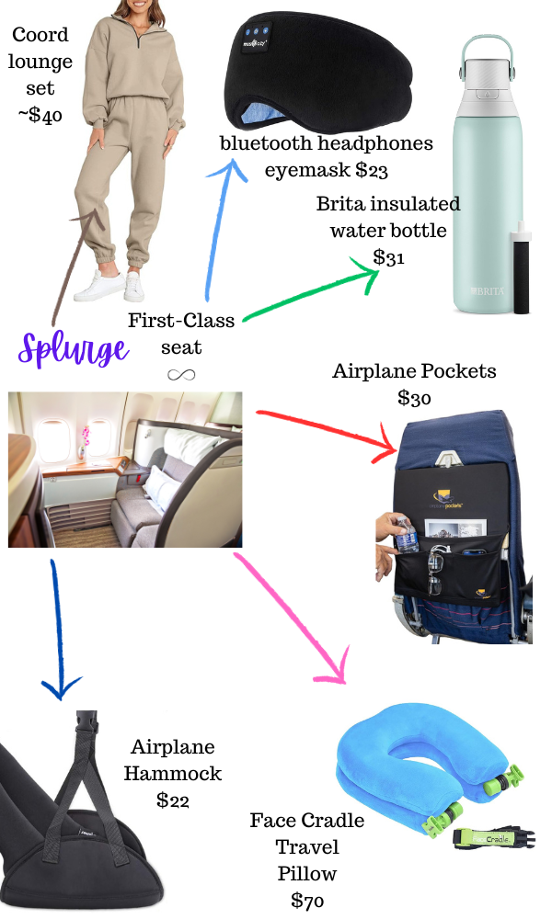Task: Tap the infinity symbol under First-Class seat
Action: (180, 374)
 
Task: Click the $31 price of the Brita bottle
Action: (389, 257)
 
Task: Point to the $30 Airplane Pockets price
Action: (415, 398)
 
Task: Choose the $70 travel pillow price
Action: (308, 900)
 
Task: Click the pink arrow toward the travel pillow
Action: (294, 616)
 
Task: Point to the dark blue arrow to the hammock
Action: (57, 634)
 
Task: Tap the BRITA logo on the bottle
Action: (485, 292)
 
